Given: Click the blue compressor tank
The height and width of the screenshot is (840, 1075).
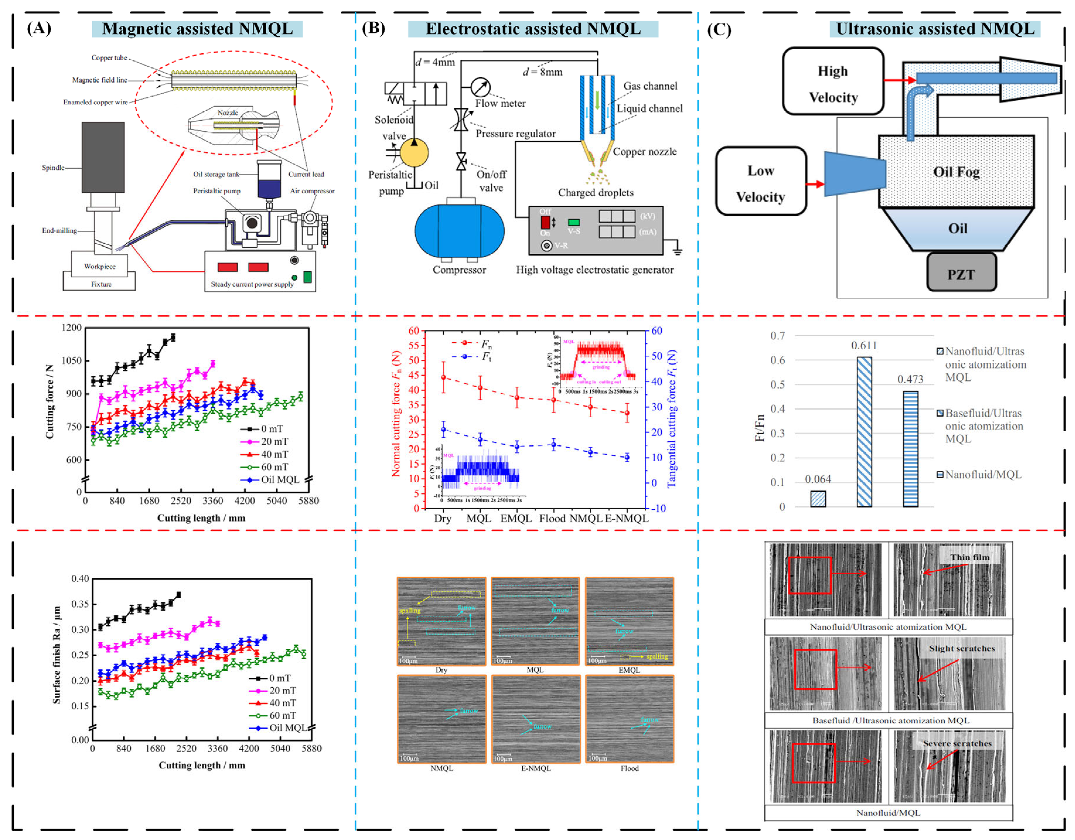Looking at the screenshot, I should coord(459,231).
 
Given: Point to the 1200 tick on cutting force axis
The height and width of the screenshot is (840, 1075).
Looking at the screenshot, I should coord(72,328).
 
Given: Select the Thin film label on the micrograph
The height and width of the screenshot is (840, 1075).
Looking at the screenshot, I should coord(969,557).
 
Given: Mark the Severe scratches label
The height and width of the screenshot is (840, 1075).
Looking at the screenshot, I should coord(957,744).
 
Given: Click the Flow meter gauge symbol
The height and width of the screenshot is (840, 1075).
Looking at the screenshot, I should coord(480,87).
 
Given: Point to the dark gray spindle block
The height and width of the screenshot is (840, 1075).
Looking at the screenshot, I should coord(103,157).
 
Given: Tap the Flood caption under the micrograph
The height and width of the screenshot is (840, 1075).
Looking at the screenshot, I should coord(629,768).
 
